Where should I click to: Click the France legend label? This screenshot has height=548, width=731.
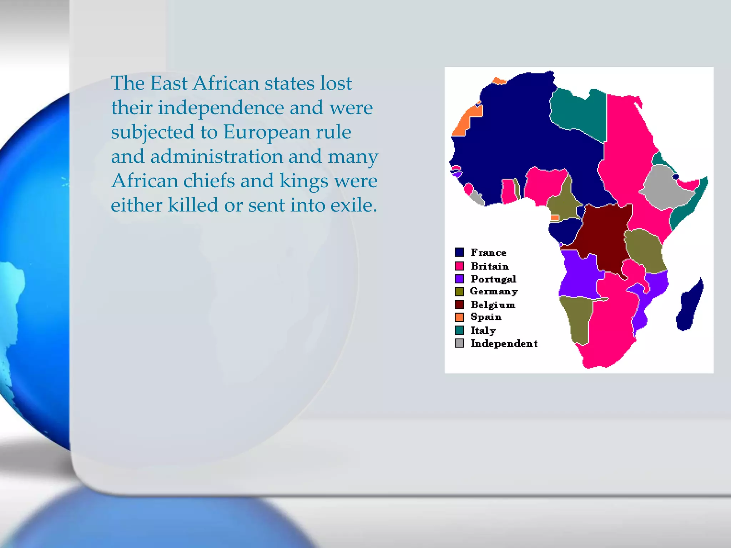pyautogui.click(x=488, y=253)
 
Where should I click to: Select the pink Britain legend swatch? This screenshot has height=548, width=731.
pyautogui.click(x=459, y=266)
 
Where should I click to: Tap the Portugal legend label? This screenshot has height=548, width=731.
pyautogui.click(x=493, y=279)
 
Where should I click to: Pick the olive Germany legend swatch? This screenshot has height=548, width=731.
pyautogui.click(x=459, y=291)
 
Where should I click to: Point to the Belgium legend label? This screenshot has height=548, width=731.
pyautogui.click(x=493, y=305)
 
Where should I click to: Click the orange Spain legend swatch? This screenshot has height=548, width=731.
pyautogui.click(x=459, y=317)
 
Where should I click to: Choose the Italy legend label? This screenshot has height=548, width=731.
pyautogui.click(x=483, y=330)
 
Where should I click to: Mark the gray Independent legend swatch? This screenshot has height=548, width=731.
pyautogui.click(x=459, y=343)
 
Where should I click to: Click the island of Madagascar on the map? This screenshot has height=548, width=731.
pyautogui.click(x=690, y=307)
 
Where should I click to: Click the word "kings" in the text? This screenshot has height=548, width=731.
pyautogui.click(x=303, y=181)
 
